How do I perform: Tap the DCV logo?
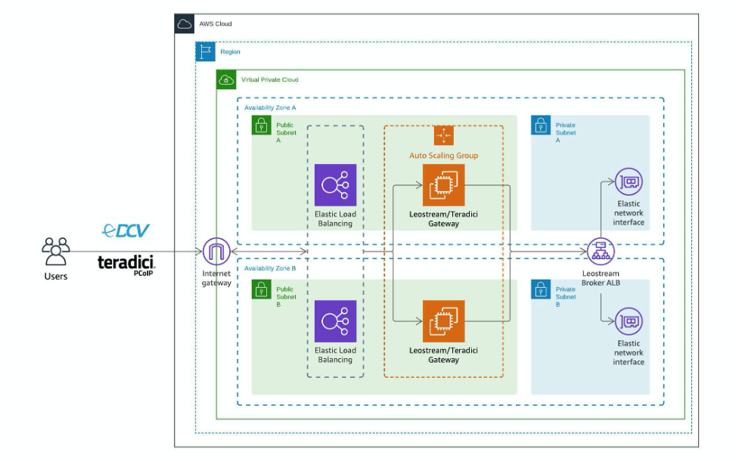(126, 230)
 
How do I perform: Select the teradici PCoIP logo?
(126, 264)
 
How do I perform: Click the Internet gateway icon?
(216, 251)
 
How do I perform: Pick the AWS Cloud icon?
(185, 24)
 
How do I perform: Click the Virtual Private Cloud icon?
(226, 79)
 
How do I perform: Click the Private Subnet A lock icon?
(541, 125)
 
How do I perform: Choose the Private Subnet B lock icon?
(541, 289)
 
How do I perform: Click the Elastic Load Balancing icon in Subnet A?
(335, 185)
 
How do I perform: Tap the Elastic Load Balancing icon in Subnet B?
(335, 321)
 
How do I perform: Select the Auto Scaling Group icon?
(443, 135)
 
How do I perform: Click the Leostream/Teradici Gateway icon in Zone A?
(443, 185)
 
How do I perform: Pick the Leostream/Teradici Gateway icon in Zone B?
(443, 321)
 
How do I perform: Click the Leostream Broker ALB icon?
(601, 251)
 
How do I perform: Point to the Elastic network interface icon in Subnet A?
(628, 182)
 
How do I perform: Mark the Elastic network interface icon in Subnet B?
(628, 321)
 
